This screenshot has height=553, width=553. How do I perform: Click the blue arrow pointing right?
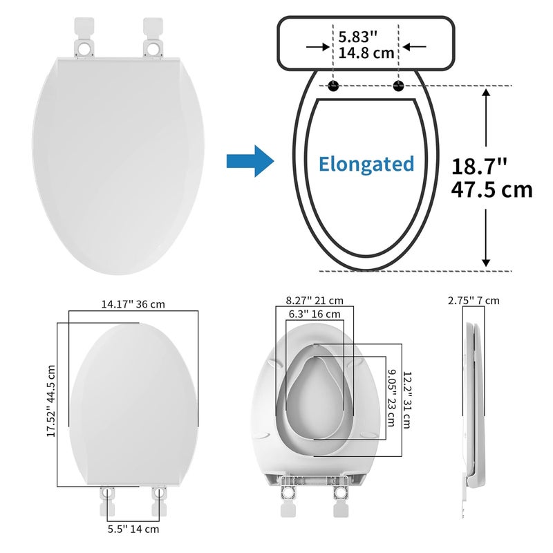pos(250,161)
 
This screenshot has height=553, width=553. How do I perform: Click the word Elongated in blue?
pos(366,165)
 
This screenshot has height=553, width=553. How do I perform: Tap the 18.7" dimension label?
pos(479,167)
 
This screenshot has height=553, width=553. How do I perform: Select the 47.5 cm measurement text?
pos(491,190)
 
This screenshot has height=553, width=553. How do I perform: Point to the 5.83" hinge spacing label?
pos(358,37)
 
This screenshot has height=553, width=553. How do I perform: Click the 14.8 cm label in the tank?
pos(366,53)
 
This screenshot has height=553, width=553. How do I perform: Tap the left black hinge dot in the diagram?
pos(333,86)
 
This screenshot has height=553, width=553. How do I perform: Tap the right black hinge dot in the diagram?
pos(399,86)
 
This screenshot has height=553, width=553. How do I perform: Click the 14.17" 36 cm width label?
pos(133,304)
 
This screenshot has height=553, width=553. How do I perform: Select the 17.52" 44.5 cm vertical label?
pos(51,401)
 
